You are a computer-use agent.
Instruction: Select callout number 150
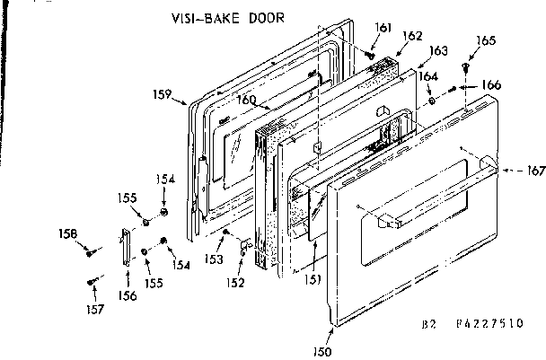pos(322,339)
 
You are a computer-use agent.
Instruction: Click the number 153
pos(213,259)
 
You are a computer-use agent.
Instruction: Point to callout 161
pos(383,29)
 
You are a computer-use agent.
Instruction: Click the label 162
pos(412,36)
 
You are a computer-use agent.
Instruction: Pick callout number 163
pos(438,51)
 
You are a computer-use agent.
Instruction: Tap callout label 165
pos(486,40)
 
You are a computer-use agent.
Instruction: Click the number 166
pos(491,84)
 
